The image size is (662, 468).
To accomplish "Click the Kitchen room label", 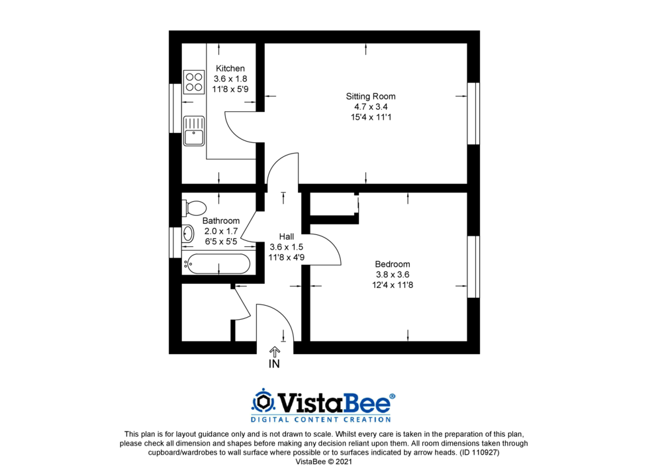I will (x=230, y=68).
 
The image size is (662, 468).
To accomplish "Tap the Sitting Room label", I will (x=371, y=97).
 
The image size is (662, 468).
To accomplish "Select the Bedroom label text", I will (x=392, y=264).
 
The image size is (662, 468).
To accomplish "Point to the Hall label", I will (x=287, y=236).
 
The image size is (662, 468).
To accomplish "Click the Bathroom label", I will (x=221, y=220).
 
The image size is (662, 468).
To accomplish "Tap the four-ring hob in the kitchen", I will (x=194, y=81).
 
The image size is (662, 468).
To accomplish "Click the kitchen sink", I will (x=194, y=130).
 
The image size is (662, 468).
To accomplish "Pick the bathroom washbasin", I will (x=187, y=233).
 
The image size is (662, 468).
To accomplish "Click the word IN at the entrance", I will (x=275, y=364).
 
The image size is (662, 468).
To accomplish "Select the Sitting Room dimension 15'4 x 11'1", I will (x=371, y=117).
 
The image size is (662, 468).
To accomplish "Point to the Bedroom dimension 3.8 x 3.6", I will (x=392, y=275).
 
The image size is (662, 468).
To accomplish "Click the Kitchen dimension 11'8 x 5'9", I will (x=230, y=89).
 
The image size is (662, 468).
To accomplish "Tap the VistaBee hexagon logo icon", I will (x=263, y=401).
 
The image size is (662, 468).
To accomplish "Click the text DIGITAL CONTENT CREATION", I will (x=320, y=419).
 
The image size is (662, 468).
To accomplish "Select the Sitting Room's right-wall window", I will (x=473, y=113).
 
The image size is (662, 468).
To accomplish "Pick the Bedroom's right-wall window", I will (x=473, y=266).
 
